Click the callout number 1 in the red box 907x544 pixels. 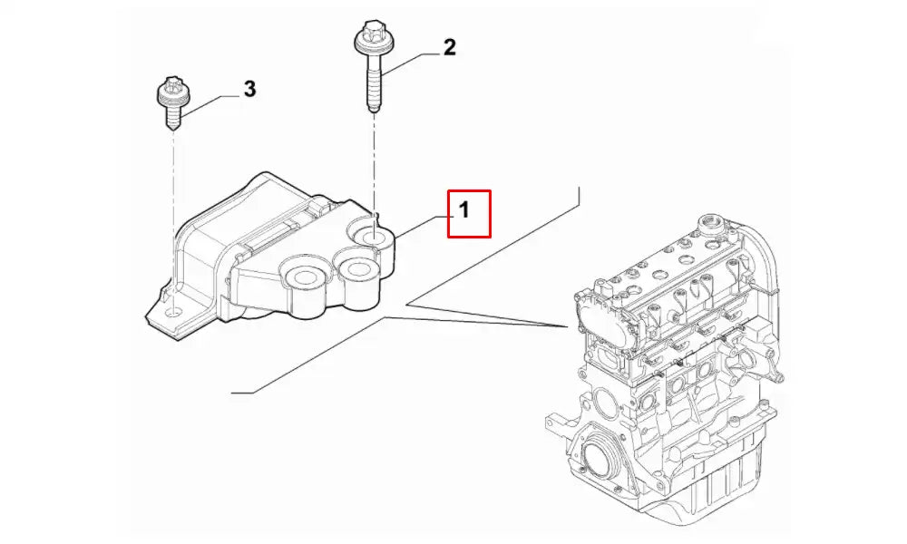pyautogui.click(x=463, y=211)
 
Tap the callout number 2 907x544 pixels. pyautogui.click(x=449, y=48)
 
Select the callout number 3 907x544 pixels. pyautogui.click(x=249, y=89)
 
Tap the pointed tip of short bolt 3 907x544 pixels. pyautogui.click(x=171, y=128)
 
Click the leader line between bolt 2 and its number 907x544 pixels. pyautogui.click(x=409, y=62)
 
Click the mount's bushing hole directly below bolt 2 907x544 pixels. pyautogui.click(x=374, y=238)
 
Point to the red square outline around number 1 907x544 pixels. pyautogui.click(x=469, y=190)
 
